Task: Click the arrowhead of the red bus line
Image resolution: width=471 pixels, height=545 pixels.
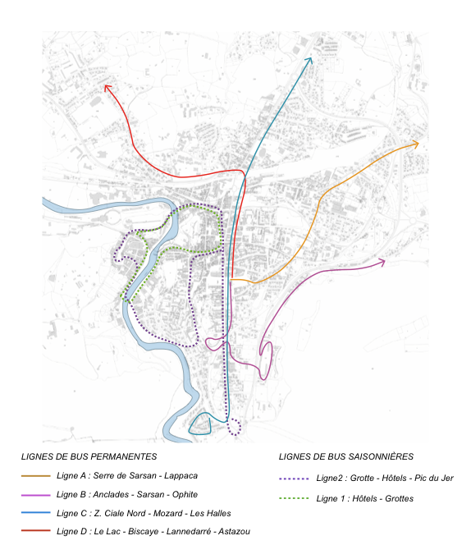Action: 106,86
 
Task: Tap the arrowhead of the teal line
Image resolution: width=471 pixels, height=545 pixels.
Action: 310,60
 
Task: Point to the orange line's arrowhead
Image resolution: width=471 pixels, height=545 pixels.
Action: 416,144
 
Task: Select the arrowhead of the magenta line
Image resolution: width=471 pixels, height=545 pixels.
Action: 382,262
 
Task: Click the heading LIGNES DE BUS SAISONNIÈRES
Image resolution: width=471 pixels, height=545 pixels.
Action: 345,456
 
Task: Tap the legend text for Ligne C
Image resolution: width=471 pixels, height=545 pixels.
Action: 144,513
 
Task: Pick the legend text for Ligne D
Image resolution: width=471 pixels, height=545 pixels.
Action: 153,532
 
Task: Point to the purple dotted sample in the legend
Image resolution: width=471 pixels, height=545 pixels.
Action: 293,479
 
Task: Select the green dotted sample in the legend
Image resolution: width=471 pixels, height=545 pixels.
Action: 293,499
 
